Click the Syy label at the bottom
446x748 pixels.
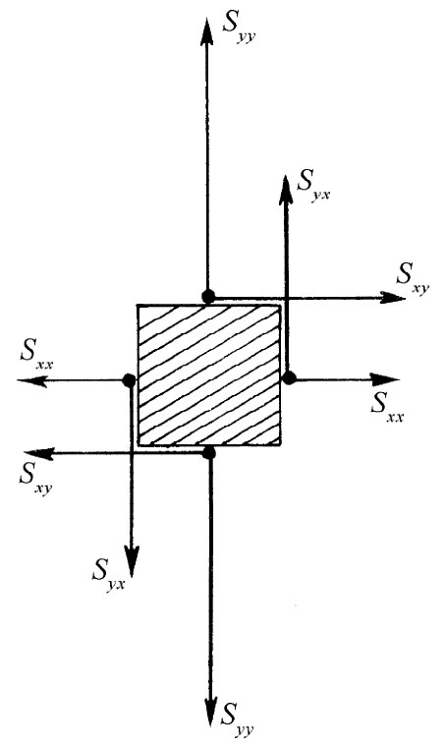click(242, 713)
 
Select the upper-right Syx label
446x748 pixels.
click(314, 185)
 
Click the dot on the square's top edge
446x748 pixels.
click(207, 296)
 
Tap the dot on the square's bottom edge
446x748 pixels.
click(208, 452)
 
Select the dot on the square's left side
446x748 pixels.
click(129, 380)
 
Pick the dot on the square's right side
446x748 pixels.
click(289, 377)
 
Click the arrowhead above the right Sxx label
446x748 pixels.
click(390, 378)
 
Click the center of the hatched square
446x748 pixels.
click(208, 374)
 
